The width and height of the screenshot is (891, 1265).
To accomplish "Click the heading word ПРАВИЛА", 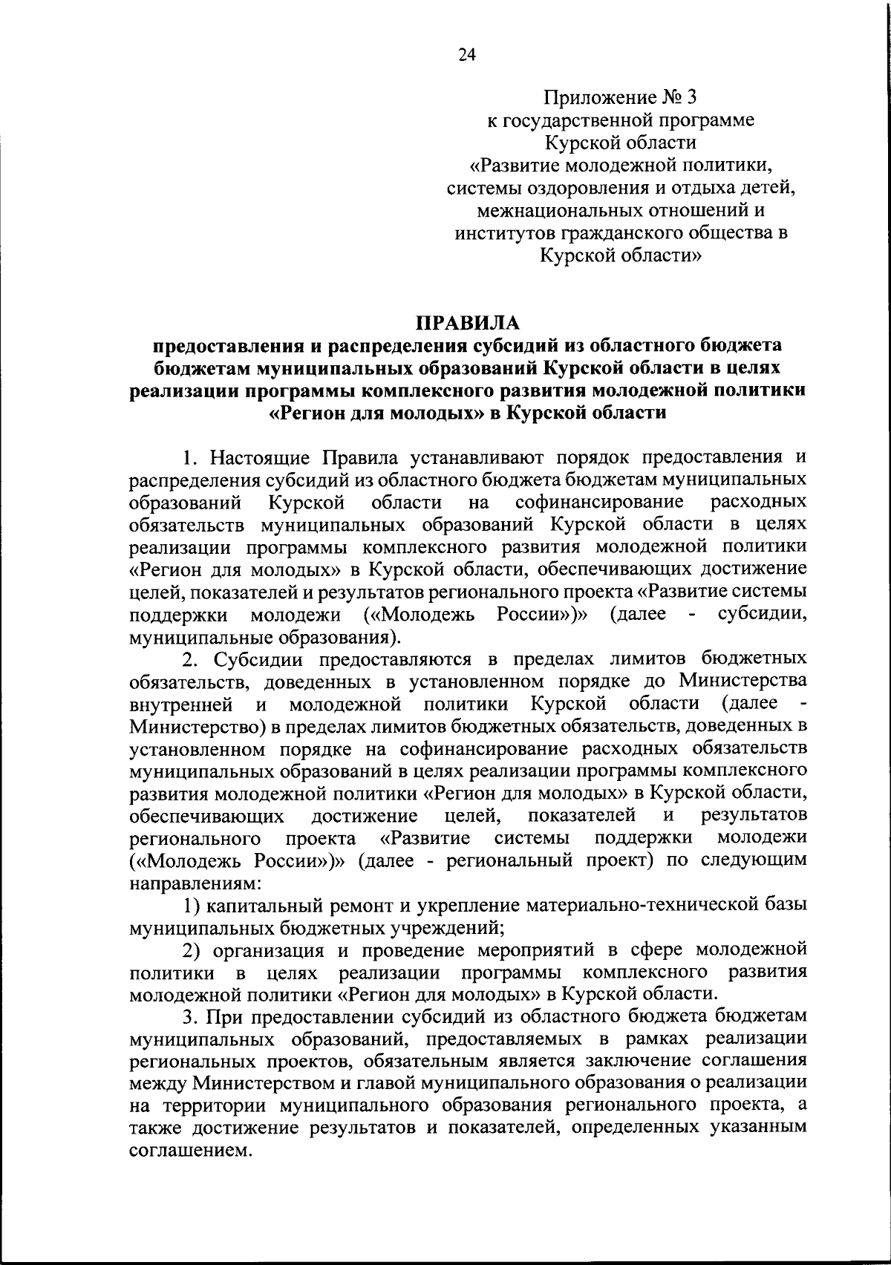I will (468, 323).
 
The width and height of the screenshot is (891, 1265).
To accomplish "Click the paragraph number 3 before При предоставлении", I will (188, 1016).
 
